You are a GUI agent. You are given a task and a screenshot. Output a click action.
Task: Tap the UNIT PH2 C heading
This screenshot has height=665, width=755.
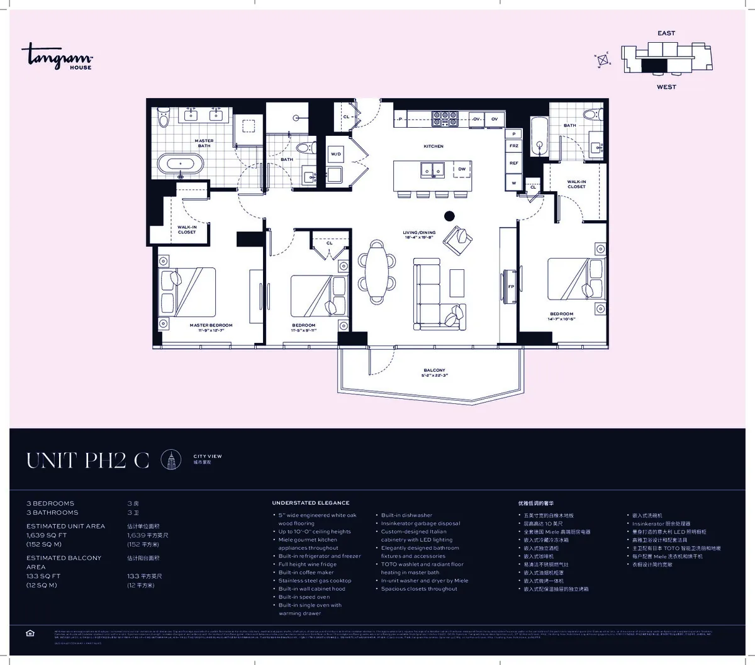click(x=87, y=461)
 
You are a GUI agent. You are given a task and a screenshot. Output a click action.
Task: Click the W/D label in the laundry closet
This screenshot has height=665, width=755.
click(x=336, y=154)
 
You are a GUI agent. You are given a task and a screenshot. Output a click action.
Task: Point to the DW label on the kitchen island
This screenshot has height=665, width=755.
click(x=461, y=169)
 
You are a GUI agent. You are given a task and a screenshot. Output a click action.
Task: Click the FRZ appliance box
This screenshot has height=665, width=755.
click(x=514, y=146)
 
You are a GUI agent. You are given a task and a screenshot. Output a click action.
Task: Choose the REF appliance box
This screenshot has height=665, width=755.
click(x=514, y=163)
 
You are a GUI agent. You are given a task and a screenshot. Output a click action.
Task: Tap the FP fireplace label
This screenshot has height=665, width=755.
click(x=511, y=286)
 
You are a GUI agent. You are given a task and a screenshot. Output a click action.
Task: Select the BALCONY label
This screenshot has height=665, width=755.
click(x=434, y=373)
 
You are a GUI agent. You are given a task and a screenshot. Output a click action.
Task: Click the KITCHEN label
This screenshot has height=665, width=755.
click(x=433, y=146)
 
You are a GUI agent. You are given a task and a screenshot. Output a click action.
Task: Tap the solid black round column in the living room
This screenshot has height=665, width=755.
click(x=450, y=216)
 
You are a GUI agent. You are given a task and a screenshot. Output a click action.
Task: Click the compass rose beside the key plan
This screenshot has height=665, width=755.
click(x=603, y=60)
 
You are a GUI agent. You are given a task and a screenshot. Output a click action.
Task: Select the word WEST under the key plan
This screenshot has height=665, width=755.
click(x=666, y=87)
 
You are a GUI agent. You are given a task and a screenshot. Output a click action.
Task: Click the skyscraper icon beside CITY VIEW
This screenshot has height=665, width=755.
click(x=171, y=461)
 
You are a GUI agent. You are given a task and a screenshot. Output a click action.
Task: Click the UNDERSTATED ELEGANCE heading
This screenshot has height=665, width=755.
click(x=310, y=503)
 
